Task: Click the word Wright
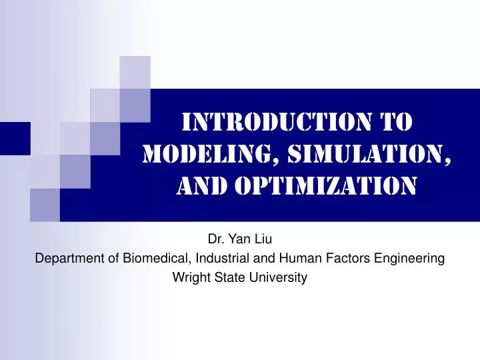coord(190,279)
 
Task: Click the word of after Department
coord(110,258)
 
